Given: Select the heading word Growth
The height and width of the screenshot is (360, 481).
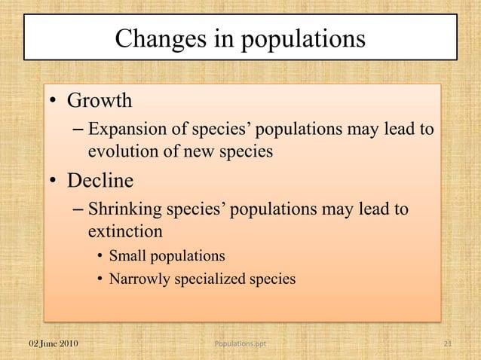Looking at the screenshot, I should point(100,100).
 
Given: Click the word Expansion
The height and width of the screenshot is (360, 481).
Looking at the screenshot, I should point(124,129).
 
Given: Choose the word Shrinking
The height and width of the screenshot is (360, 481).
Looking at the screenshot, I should point(123,209).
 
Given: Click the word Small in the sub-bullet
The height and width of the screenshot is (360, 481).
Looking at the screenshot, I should point(126,255).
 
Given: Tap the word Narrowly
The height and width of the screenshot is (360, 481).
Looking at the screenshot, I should point(139,279).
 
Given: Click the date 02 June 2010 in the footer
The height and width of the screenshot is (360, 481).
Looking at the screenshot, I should point(53,344).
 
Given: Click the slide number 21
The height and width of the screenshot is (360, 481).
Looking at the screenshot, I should point(447,344).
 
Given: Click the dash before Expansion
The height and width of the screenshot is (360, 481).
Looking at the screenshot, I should point(78,130).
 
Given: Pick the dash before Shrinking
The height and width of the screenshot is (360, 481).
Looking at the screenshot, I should point(78,209).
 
